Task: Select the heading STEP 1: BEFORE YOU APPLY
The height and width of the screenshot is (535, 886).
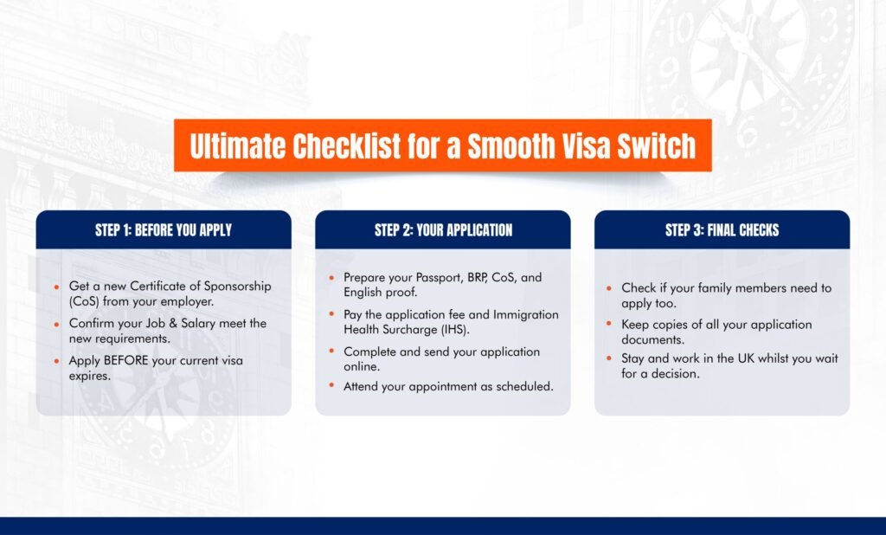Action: [164, 230]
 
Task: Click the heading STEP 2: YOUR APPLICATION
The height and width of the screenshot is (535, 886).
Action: [444, 230]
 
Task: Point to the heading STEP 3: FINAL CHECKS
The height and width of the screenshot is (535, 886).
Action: [722, 230]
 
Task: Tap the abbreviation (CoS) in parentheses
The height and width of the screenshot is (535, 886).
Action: [84, 301]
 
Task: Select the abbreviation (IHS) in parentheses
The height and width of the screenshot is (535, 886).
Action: [455, 329]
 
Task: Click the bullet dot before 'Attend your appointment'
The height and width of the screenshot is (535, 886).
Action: [331, 386]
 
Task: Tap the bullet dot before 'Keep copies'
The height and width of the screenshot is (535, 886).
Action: [609, 324]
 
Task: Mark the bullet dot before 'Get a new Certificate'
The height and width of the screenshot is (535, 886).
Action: [56, 287]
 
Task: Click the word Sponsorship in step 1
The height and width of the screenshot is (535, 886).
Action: [237, 287]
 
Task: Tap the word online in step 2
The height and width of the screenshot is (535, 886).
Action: [362, 366]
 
